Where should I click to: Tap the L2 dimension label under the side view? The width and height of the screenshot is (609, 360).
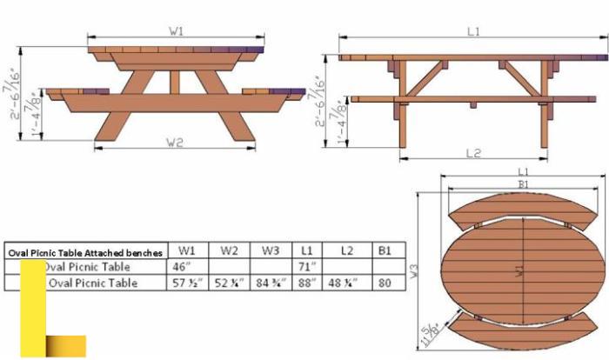pos(473,153)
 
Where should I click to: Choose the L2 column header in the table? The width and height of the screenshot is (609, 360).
pos(346,250)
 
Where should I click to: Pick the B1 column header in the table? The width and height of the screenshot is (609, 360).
pos(385,250)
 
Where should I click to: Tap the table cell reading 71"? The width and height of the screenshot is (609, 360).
pos(307,266)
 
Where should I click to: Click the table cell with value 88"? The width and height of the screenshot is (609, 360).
pos(307,283)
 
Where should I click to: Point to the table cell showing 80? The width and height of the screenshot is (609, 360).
pos(385,283)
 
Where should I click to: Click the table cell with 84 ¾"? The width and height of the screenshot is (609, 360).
pos(271,283)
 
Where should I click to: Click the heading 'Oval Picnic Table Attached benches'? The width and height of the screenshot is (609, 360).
pos(85,252)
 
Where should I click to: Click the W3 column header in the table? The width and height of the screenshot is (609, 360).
pos(271,250)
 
